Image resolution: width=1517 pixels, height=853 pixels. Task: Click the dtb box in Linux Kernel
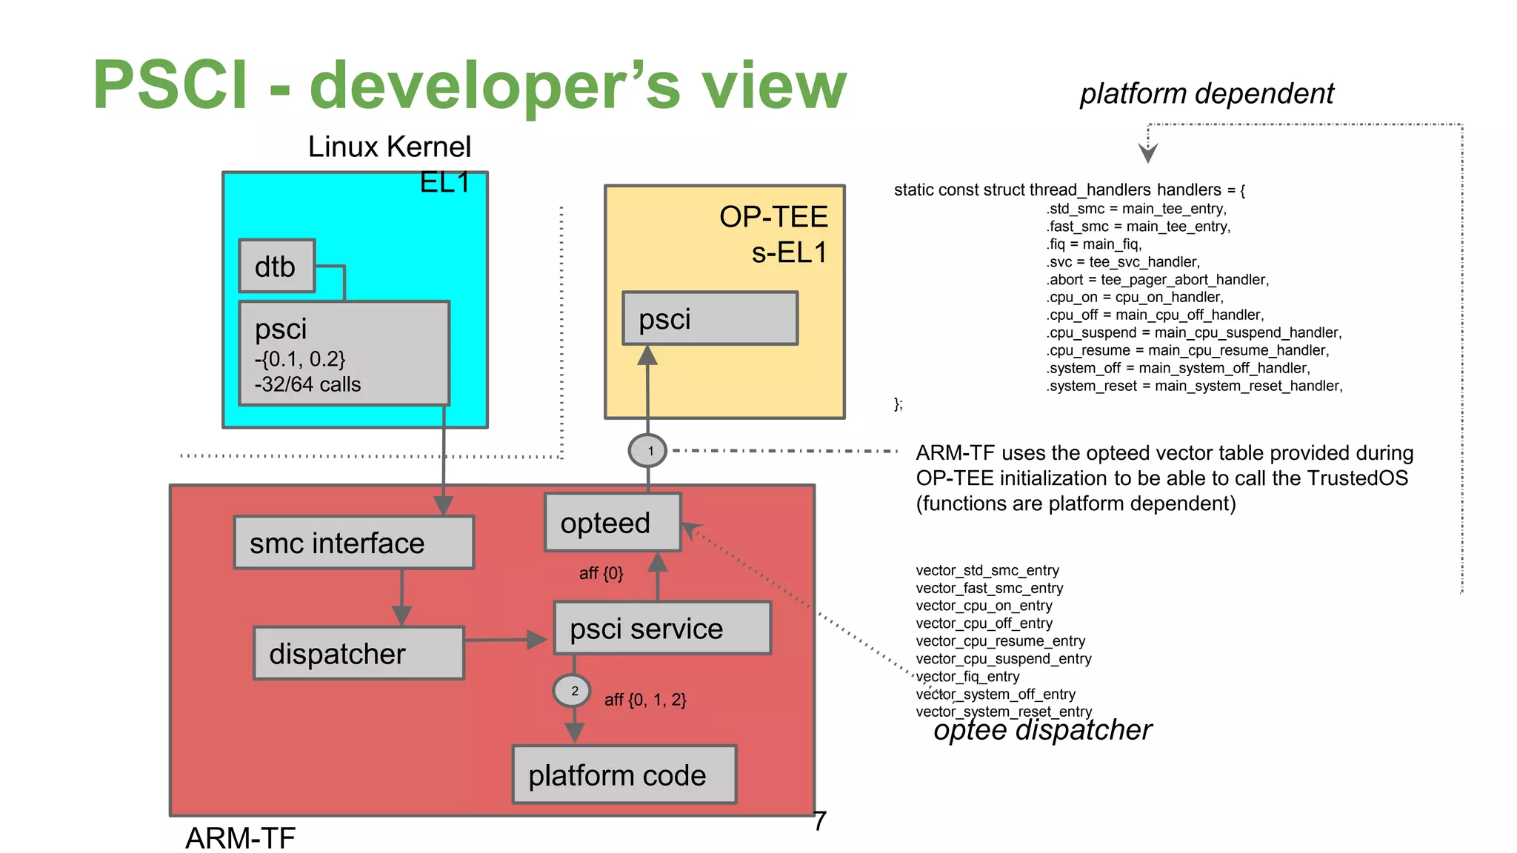coord(276,266)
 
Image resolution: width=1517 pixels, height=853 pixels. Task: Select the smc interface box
coord(353,543)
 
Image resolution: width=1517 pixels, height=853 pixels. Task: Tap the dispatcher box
coord(359,653)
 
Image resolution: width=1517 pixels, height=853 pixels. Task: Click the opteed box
coord(612,523)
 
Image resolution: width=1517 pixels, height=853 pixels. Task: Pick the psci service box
coord(662,628)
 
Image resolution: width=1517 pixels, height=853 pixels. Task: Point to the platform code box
coord(624,775)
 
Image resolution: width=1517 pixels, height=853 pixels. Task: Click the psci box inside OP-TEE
coord(710,318)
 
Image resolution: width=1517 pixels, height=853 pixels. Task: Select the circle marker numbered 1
coord(647,451)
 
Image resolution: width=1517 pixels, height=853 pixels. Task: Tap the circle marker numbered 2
coord(572,691)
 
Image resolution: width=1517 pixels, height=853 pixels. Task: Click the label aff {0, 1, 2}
coord(645,700)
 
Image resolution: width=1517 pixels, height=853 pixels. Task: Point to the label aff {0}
coord(601,573)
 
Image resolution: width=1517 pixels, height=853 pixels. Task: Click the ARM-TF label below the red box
coord(240,838)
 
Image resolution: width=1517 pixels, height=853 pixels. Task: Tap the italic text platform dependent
coord(1207,94)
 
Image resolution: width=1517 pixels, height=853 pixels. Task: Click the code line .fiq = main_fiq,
coord(1094,244)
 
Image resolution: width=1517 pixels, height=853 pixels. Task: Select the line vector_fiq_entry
coord(967,677)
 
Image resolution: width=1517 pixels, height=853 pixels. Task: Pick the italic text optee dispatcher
coord(1042,730)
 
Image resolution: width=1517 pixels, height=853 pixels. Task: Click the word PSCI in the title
coord(170,85)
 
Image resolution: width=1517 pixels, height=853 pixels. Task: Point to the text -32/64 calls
coord(307,385)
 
